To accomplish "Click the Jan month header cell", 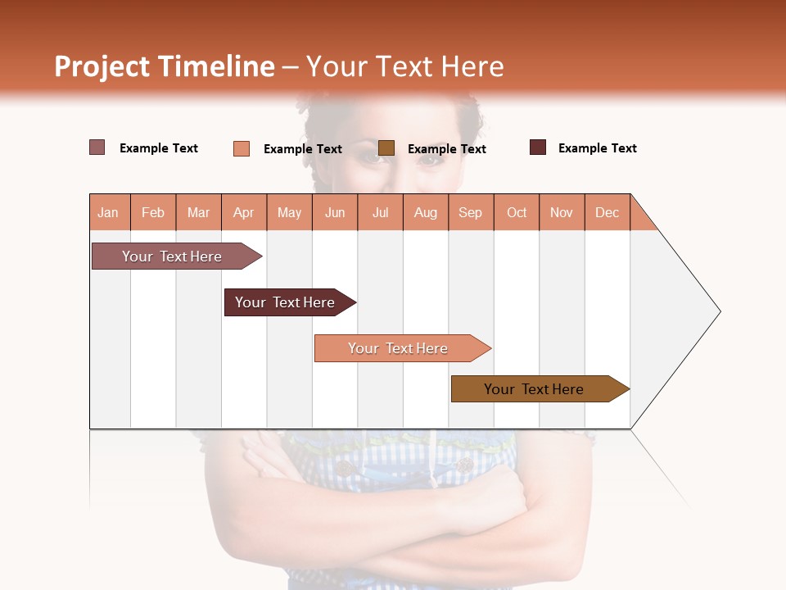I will [109, 212].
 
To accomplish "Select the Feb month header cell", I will [153, 212].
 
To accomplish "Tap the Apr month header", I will [244, 212].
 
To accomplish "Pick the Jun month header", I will [335, 212].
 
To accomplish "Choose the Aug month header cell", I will [426, 212].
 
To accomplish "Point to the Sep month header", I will [471, 212].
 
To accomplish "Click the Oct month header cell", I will [517, 212].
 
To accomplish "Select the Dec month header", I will [608, 212].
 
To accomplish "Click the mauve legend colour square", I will [97, 147].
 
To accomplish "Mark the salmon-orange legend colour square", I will [242, 148].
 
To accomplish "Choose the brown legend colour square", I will [386, 147].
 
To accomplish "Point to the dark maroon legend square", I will [538, 147].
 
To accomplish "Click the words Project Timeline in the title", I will [164, 66].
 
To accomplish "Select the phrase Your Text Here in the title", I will [404, 66].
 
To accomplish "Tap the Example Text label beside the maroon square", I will [597, 148].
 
